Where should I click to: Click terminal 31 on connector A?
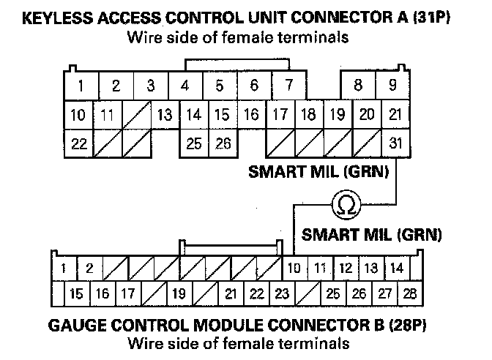click(x=396, y=143)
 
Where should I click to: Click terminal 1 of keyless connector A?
click(x=81, y=86)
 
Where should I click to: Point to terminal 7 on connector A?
click(x=289, y=86)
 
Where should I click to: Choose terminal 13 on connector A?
click(x=165, y=115)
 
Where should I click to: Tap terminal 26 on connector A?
click(x=223, y=143)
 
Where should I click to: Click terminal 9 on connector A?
click(x=393, y=86)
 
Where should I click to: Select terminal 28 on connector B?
click(x=410, y=294)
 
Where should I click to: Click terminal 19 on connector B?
click(x=177, y=294)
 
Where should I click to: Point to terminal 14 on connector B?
click(x=396, y=268)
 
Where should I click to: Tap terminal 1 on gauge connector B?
click(x=64, y=268)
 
